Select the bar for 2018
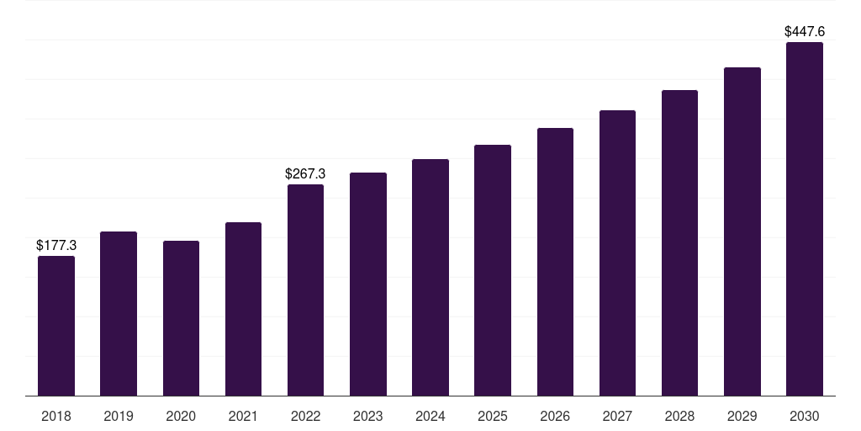tap(56, 326)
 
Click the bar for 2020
tap(182, 318)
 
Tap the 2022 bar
tap(305, 290)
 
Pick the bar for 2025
tap(493, 270)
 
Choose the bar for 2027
tap(617, 253)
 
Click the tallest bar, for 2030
tap(805, 219)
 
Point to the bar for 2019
tap(119, 314)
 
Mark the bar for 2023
tap(368, 285)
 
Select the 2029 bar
tap(742, 231)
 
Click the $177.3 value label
tap(56, 245)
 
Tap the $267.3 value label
tap(305, 173)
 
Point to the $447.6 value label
tap(805, 31)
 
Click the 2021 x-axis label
tap(243, 416)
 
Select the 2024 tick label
tap(430, 416)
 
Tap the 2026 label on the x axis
tap(555, 416)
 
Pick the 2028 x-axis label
tap(679, 416)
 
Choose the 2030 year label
tap(805, 416)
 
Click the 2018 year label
tap(56, 416)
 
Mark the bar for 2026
tap(555, 262)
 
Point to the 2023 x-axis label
tap(368, 416)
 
